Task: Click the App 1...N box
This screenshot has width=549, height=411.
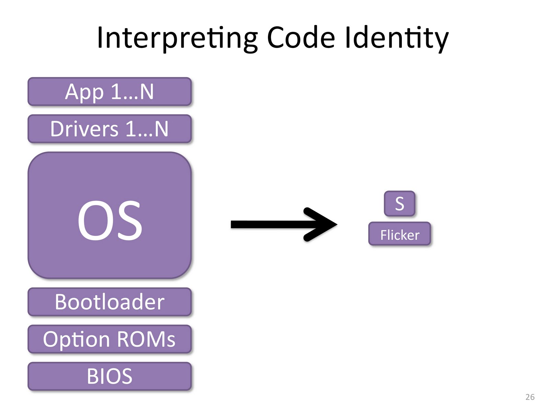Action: [x=109, y=91]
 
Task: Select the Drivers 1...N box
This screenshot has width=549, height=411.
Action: [x=109, y=129]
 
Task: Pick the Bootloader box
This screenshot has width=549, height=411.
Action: [x=109, y=302]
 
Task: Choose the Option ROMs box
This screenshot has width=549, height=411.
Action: [x=109, y=339]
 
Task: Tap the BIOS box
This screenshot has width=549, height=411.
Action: [x=109, y=376]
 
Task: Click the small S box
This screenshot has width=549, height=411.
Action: [x=399, y=203]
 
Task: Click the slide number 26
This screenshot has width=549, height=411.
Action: [x=530, y=397]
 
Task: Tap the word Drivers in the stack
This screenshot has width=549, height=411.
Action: [x=84, y=129]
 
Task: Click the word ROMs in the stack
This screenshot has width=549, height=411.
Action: [x=146, y=339]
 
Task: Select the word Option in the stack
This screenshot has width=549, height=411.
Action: [x=76, y=339]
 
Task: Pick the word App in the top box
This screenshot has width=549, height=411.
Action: [x=84, y=92]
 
